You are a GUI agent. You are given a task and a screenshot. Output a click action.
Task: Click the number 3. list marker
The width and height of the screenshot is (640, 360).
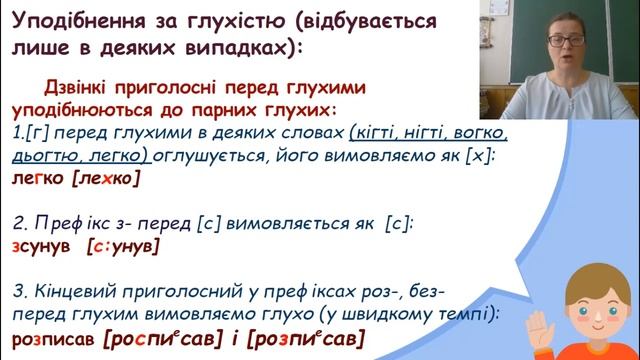[19, 291]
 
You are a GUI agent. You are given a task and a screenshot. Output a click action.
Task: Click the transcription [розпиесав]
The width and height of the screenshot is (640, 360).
[304, 339]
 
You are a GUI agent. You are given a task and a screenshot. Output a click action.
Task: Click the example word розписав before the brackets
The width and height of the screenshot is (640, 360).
[53, 339]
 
